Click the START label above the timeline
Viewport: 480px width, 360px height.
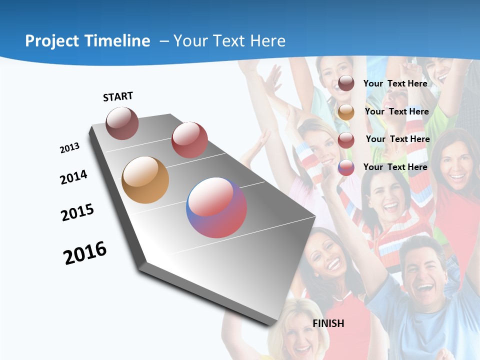coord(118,96)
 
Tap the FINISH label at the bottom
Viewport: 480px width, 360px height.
coord(328,323)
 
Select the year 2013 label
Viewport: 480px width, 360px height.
coord(69,148)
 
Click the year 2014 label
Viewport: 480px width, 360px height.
coord(73,177)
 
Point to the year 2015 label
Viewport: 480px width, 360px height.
coord(77,212)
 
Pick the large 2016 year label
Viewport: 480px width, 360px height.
coord(85,252)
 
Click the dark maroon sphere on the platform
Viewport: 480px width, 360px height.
coord(122,123)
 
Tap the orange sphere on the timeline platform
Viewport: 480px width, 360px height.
coord(145,179)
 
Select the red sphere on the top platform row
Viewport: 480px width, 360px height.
coord(189,139)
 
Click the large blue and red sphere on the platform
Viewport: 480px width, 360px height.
coord(216,207)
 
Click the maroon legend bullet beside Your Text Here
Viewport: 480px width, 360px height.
coord(346,83)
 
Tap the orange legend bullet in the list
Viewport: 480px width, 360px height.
coord(346,111)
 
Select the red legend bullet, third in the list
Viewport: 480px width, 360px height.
coord(346,139)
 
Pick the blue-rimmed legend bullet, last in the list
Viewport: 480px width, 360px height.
coord(346,167)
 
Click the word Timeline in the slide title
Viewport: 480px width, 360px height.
coord(116,41)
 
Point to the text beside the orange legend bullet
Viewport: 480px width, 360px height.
coord(396,111)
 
